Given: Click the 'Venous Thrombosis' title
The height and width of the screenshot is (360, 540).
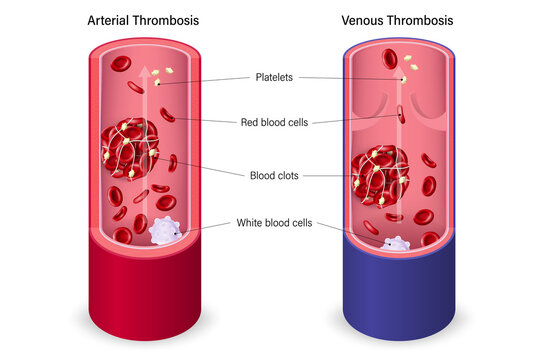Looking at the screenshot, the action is pyautogui.click(x=397, y=20).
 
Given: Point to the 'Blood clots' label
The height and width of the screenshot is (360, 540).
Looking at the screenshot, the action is pyautogui.click(x=272, y=175).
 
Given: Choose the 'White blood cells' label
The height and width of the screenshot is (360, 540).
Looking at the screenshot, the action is pyautogui.click(x=271, y=222).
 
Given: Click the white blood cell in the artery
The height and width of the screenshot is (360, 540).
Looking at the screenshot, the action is pyautogui.click(x=163, y=232).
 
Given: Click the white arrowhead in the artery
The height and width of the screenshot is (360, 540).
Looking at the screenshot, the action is pyautogui.click(x=142, y=70).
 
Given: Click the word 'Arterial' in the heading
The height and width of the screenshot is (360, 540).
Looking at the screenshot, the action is pyautogui.click(x=108, y=20).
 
